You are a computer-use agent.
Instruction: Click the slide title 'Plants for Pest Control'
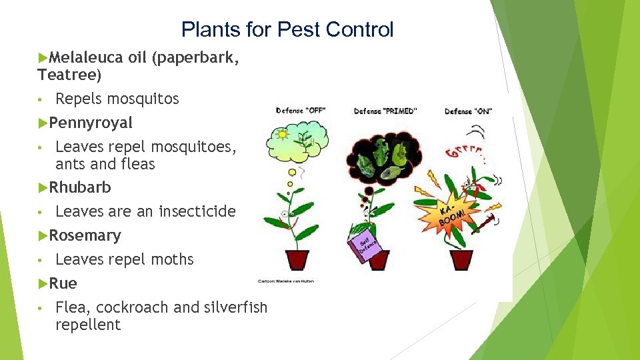coord(287,29)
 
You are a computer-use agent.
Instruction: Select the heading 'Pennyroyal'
coord(90,123)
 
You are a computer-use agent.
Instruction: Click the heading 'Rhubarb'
coord(79,187)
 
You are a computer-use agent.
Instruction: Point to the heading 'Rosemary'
coord(85,235)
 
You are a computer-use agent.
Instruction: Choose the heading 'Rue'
coord(63,283)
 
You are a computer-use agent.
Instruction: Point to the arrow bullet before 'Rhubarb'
coord(43,187)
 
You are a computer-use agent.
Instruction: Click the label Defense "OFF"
coord(300,111)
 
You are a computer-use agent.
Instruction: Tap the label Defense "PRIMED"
coord(385,111)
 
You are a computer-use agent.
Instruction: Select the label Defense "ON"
coord(468,111)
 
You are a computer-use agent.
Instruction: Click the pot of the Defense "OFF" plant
coord(298,259)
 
